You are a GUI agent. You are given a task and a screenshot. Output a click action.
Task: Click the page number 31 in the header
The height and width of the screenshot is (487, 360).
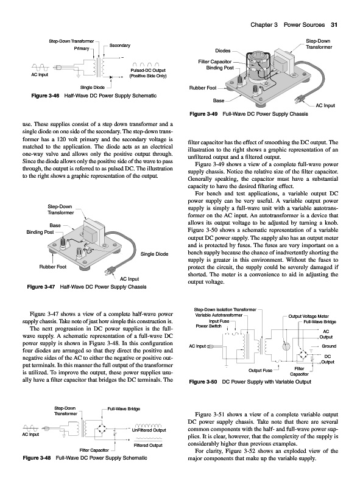334,25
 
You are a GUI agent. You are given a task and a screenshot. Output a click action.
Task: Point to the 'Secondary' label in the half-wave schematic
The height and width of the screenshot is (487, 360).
119,45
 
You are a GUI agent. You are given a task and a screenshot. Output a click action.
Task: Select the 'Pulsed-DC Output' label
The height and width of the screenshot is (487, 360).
148,70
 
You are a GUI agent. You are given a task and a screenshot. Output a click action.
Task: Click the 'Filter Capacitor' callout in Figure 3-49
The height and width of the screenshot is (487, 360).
215,61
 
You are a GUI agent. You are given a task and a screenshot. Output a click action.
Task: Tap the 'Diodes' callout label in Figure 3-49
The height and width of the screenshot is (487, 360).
223,51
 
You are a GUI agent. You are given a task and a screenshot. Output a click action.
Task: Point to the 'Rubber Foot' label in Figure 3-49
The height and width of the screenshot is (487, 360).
203,88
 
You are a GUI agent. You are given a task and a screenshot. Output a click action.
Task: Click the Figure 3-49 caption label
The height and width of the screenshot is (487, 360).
203,114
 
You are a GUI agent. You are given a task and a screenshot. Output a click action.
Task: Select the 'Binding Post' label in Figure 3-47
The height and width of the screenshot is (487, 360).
40,232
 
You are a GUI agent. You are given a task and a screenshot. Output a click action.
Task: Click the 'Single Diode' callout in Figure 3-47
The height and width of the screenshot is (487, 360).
154,254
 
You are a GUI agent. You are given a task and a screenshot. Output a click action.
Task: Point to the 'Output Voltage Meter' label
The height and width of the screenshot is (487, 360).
309,316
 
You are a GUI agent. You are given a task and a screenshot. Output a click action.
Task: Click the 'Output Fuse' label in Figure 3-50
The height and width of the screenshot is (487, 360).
260,370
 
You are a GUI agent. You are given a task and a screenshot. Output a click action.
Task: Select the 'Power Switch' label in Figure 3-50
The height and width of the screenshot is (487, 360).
208,326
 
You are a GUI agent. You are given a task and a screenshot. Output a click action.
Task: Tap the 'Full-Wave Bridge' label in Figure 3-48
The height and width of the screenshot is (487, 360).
124,408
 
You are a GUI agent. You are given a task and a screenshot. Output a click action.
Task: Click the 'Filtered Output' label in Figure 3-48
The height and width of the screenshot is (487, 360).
148,445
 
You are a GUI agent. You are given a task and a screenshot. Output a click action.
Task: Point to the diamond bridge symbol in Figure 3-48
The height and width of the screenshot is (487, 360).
103,429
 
